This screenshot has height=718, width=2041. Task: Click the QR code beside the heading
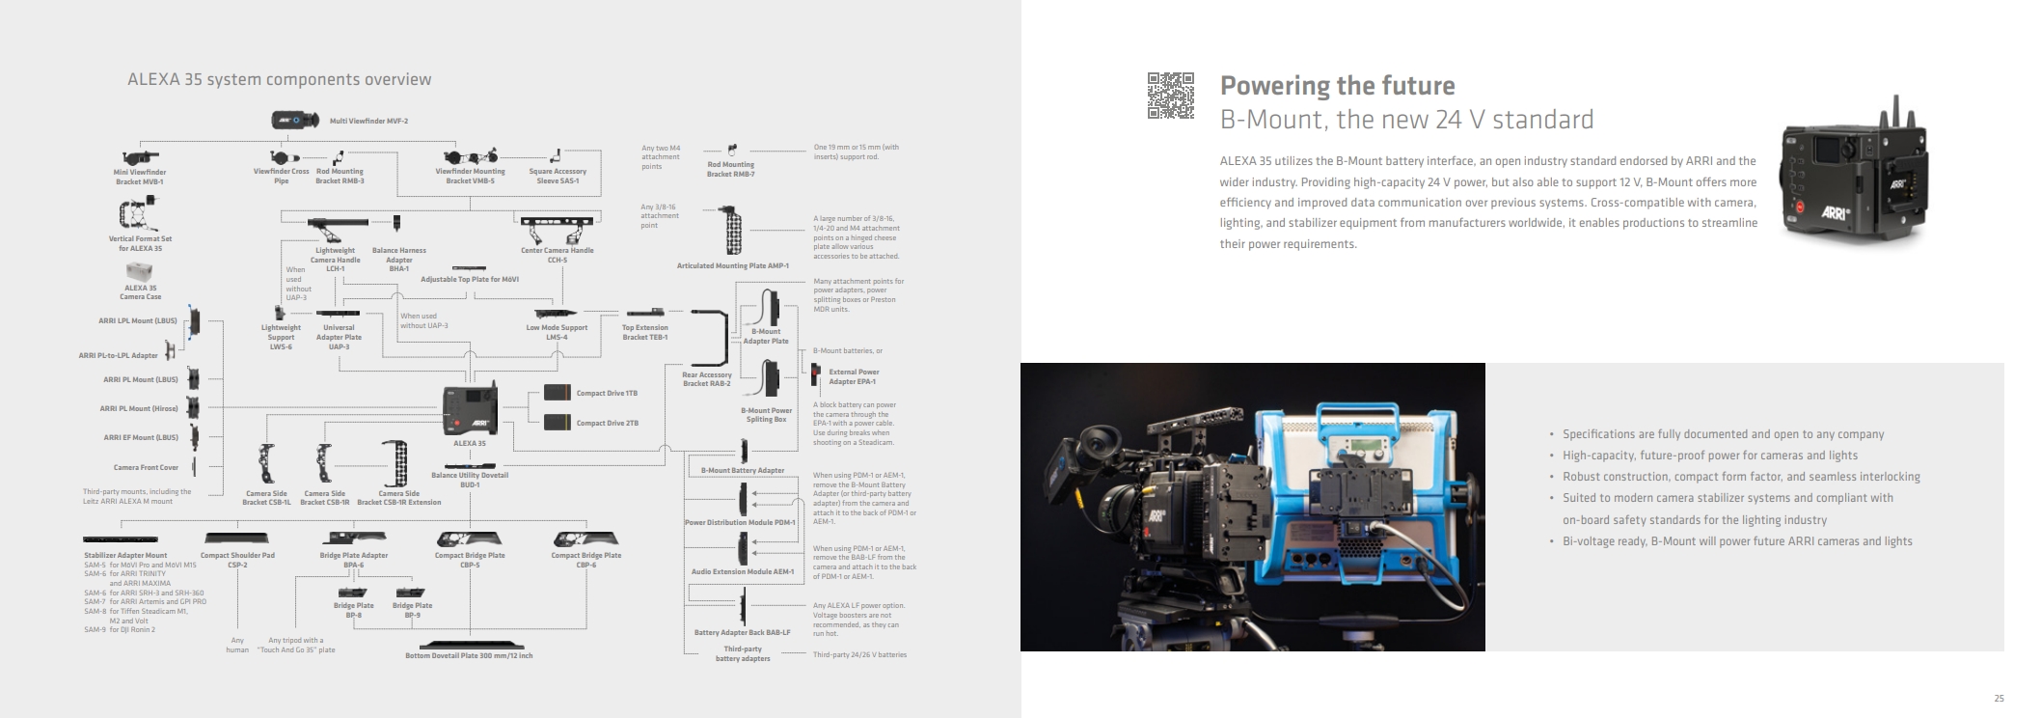tap(1170, 96)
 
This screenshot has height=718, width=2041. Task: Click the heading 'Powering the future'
tap(1337, 86)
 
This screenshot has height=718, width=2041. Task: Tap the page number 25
tap(1999, 699)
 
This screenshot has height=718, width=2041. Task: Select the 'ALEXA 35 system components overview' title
tap(279, 80)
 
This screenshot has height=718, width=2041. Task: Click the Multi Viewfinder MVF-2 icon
tap(295, 121)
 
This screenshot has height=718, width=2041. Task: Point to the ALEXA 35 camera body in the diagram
tap(470, 410)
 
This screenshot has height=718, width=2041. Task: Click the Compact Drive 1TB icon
tap(557, 393)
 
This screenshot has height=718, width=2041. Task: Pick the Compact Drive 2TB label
tap(607, 424)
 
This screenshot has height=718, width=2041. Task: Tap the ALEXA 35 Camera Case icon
tap(140, 271)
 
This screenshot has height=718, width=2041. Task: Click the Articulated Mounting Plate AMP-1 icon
tap(733, 233)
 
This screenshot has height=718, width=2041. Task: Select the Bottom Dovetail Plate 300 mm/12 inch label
tap(469, 656)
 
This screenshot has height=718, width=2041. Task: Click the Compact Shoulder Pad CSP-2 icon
tap(237, 538)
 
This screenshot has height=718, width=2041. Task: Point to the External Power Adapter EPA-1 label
tap(854, 376)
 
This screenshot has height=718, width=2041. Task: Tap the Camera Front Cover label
tap(146, 468)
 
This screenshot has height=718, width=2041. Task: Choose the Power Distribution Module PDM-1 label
tap(740, 523)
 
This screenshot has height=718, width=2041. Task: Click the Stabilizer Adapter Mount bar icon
tap(121, 539)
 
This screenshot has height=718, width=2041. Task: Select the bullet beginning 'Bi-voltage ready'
tap(1736, 541)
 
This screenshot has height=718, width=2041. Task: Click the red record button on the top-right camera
tap(1800, 206)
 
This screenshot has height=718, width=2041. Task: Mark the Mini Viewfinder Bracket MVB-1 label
tap(140, 177)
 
